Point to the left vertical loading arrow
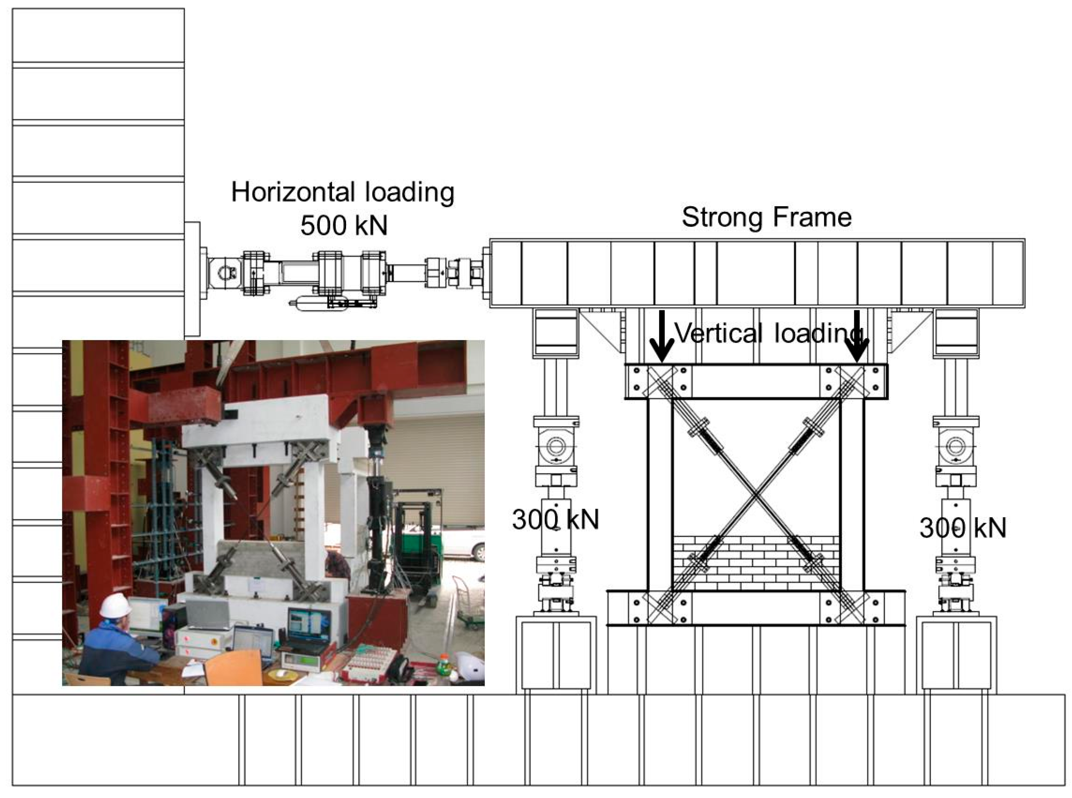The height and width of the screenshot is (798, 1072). [661, 337]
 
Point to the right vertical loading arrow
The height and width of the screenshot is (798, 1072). [857, 337]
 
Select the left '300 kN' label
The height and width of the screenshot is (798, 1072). [556, 520]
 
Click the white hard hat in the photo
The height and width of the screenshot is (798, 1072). [115, 605]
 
